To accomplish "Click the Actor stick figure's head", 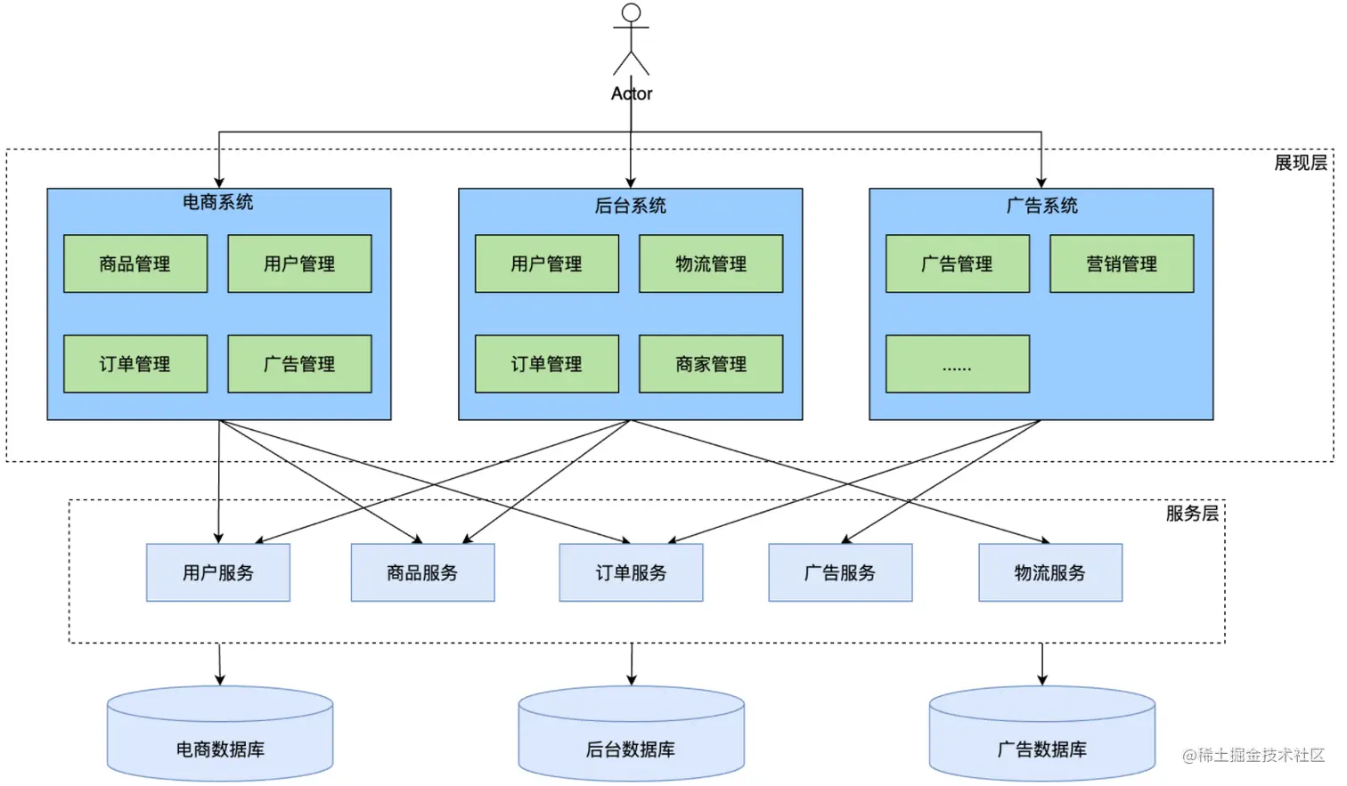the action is click(631, 12).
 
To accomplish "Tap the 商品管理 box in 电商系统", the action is click(135, 263).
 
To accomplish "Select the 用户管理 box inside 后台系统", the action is click(547, 263).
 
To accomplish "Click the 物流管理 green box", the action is click(711, 263).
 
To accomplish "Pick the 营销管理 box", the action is click(1122, 263).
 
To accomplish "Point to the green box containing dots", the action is click(958, 364).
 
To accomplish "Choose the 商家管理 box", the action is click(711, 364).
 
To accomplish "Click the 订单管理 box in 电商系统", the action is click(135, 364).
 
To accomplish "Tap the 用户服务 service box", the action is click(218, 572).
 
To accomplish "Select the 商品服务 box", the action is click(423, 572).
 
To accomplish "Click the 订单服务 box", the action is click(631, 572).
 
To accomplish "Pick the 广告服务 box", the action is click(840, 572).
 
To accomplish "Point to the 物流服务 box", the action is click(1050, 572).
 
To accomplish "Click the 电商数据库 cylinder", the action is click(220, 733).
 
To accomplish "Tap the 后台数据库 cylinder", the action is click(632, 733).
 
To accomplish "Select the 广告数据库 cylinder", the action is click(1042, 733).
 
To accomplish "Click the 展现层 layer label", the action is click(1300, 163).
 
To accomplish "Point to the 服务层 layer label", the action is click(1192, 514).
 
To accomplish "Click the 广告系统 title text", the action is click(1041, 207).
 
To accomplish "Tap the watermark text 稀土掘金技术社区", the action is click(1261, 756).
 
